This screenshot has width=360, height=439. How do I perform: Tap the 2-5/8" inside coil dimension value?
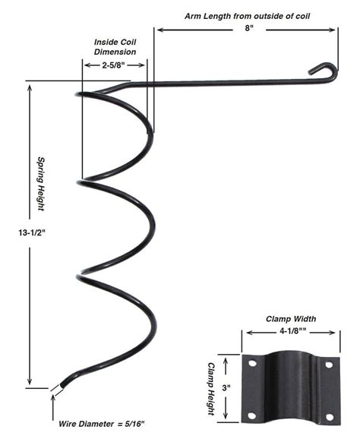(115, 66)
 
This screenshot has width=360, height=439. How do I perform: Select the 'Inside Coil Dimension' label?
(115, 46)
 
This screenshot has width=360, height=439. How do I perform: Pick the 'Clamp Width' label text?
(290, 319)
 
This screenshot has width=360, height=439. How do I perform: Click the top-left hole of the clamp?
(251, 365)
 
